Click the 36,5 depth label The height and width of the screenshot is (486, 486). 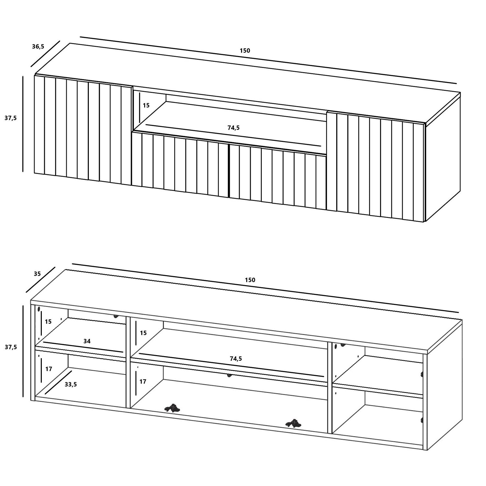point(38,46)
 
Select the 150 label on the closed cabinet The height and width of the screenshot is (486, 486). point(245,51)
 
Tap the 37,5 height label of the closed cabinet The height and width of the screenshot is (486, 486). point(10,118)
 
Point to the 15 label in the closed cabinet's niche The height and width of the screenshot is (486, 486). point(146,105)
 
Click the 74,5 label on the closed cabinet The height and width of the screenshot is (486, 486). point(234,128)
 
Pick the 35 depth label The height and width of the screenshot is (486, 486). point(37,274)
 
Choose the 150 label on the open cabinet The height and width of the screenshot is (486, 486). point(250,280)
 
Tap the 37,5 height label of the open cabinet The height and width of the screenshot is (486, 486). point(10,347)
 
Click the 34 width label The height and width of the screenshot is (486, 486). point(87,341)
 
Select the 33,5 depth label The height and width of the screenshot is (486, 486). point(71,384)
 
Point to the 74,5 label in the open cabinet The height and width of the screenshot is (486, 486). point(236,359)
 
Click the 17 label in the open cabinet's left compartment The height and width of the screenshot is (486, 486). point(49,369)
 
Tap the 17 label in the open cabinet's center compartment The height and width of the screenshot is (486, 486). point(143,381)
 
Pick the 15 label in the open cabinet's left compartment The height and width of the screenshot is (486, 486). point(48,322)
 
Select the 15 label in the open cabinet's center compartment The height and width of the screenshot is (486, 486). point(143,333)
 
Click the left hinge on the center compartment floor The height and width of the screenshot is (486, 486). point(172,408)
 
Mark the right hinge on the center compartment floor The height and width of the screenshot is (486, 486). point(294,423)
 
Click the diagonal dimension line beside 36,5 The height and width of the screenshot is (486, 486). point(45,54)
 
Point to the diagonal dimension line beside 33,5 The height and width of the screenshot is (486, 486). point(59,383)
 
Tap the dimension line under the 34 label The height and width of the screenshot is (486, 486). point(83,347)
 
